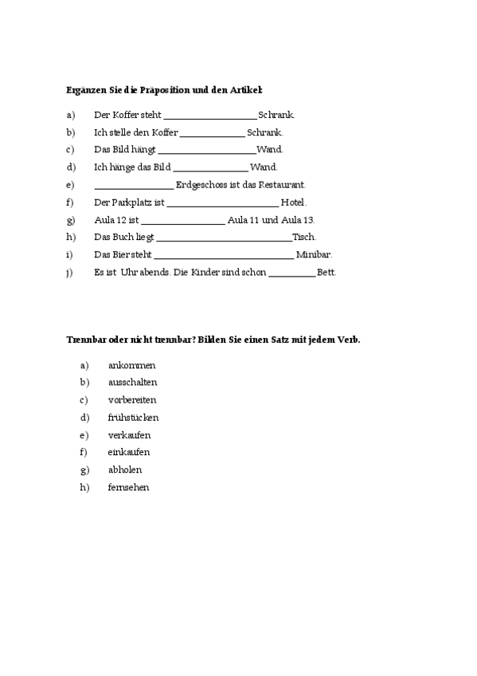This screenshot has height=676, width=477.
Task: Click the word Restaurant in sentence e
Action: tap(281, 185)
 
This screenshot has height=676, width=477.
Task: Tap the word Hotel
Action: tap(293, 202)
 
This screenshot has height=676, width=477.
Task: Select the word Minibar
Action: tap(314, 255)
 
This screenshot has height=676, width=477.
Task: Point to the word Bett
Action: tap(326, 273)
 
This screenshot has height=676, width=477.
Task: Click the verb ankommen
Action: tap(131, 365)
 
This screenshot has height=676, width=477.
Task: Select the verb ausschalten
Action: tap(132, 383)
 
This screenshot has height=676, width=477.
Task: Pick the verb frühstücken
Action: tap(133, 418)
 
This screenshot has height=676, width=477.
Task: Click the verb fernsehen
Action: tap(128, 487)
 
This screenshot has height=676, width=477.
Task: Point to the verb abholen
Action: tap(125, 470)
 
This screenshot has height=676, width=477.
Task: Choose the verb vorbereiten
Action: tap(132, 400)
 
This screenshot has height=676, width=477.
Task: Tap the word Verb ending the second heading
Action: tap(348, 340)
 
